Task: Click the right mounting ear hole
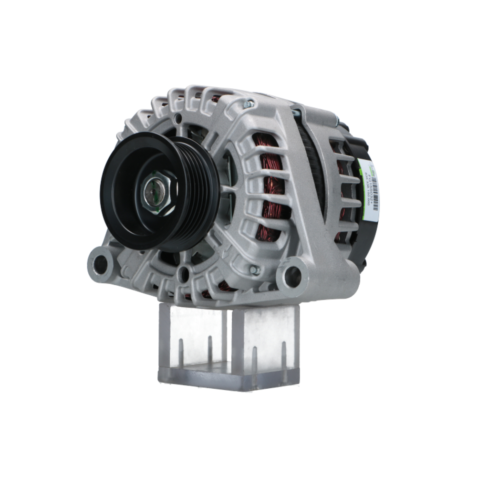pyautogui.click(x=293, y=276)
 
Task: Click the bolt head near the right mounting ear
pyautogui.click(x=255, y=270)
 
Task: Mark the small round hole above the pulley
pyautogui.click(x=178, y=118)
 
